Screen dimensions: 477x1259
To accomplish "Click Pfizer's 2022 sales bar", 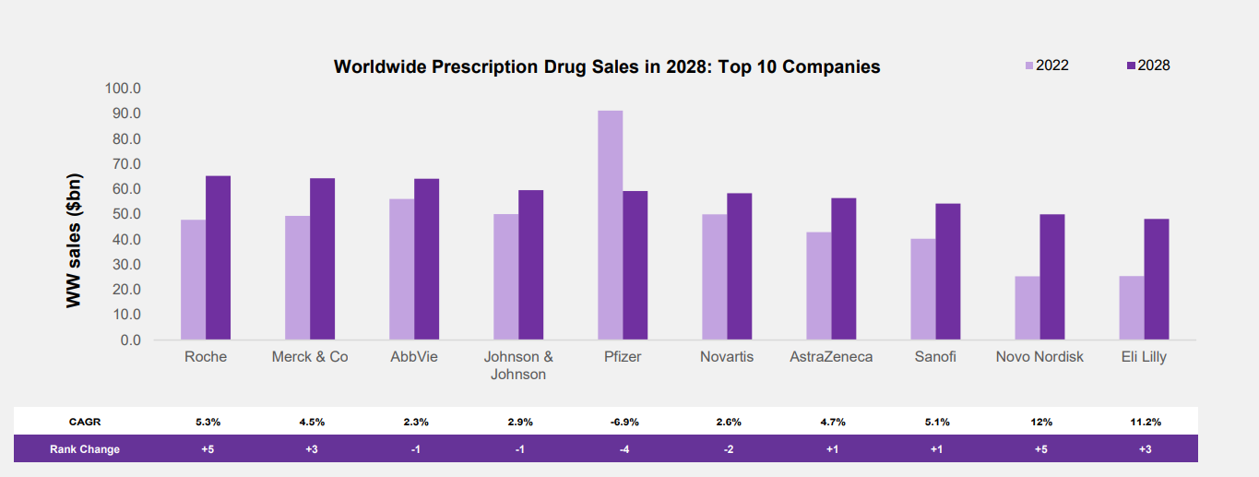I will click(610, 225).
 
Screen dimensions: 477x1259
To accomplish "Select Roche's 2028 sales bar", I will click(218, 257).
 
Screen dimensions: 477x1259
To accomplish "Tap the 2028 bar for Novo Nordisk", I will click(1051, 277).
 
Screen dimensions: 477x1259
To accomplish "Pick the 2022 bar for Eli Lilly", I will click(1131, 307).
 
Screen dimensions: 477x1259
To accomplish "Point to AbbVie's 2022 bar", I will click(401, 269).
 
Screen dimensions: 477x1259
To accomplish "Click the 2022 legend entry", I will click(1047, 66).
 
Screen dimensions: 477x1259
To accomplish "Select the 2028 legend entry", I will click(1148, 66).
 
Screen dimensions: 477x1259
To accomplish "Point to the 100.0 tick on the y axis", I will click(123, 89).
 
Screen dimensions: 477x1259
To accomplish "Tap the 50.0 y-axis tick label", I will click(123, 214).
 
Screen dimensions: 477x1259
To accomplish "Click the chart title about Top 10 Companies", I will click(606, 66).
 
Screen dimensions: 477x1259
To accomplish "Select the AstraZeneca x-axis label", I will click(831, 357).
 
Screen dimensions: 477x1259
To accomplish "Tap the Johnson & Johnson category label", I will click(518, 365).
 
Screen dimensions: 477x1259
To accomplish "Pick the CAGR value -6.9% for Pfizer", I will click(624, 422).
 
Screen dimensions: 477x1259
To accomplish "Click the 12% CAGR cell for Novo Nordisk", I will click(1041, 422).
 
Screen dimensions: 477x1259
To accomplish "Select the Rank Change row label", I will click(85, 449).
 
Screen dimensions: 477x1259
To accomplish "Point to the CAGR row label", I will click(85, 422).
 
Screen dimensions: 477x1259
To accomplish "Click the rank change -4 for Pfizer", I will click(624, 449).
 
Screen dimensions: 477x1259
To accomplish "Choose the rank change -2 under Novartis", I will click(729, 449).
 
